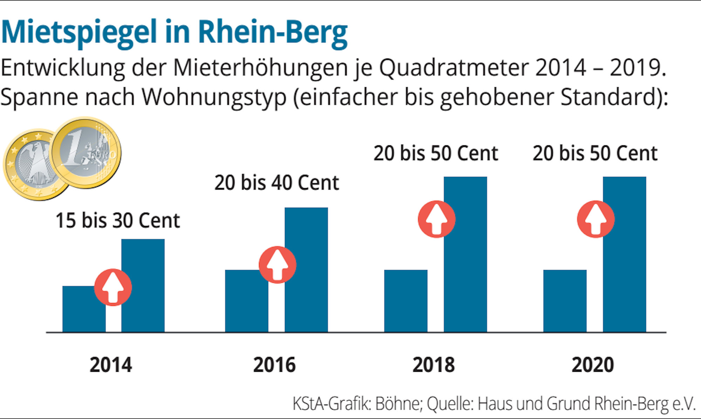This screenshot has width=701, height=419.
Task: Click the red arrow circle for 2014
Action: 113,288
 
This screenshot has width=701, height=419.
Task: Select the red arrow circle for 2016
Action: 277,265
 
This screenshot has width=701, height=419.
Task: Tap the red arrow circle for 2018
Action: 436,219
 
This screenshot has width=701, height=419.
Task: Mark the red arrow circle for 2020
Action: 595,219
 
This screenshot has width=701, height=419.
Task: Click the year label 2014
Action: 111,365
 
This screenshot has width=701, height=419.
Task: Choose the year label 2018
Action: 434,365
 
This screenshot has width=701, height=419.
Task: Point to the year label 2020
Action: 593,365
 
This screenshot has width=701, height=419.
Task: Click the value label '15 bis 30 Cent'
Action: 118,221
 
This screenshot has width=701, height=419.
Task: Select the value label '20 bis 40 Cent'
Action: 277,183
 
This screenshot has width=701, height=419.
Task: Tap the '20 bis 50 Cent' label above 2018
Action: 436,153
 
